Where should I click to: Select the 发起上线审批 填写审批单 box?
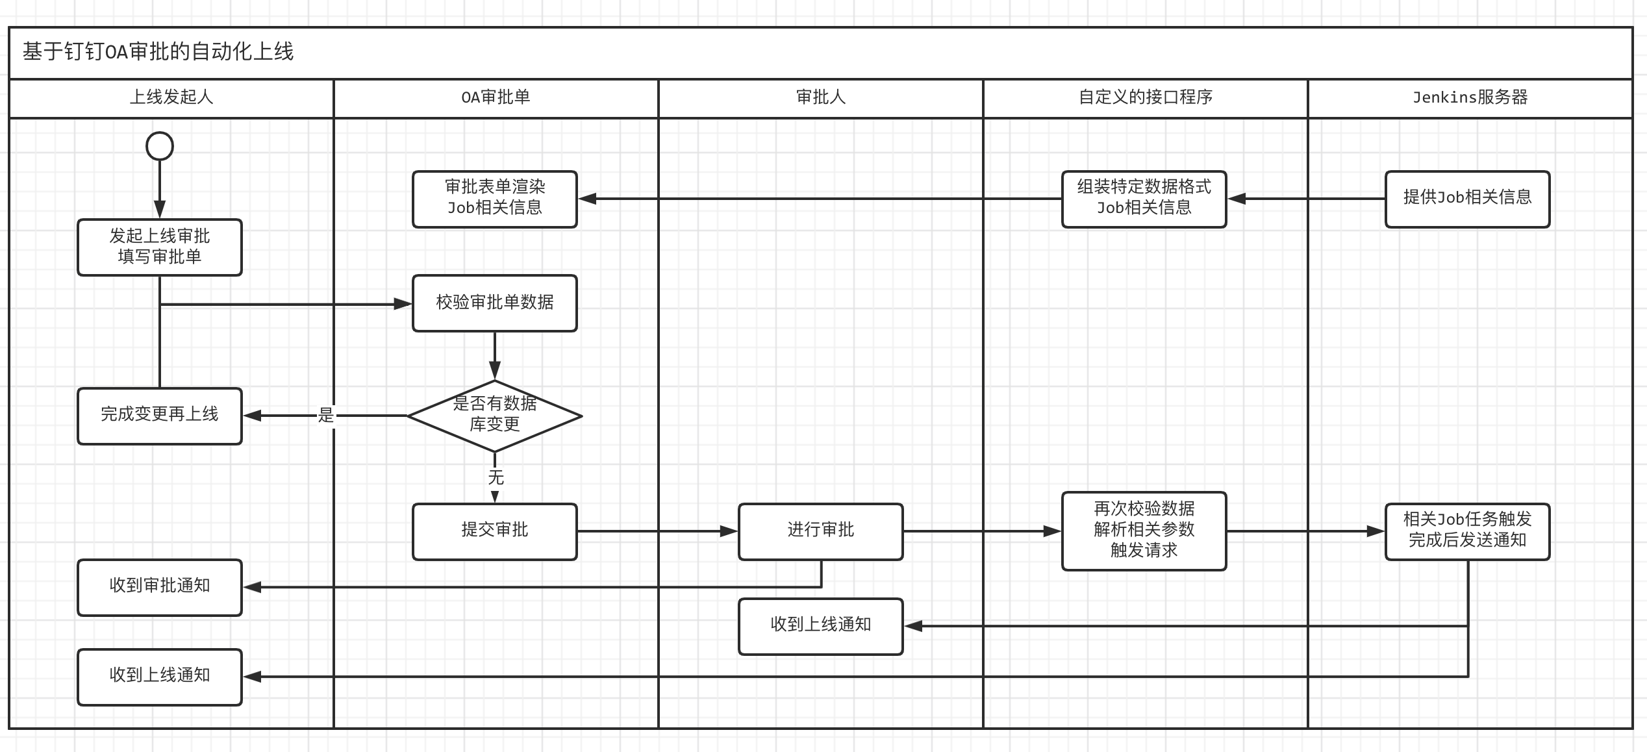point(160,247)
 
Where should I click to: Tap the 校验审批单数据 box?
point(495,303)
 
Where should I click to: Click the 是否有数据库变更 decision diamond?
point(495,416)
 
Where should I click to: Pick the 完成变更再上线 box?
point(160,416)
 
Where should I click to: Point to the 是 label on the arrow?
point(326,415)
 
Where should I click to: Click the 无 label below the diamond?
point(496,478)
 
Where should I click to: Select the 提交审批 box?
point(495,532)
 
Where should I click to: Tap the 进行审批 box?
point(821,532)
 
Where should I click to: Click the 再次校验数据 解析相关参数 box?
point(1144,531)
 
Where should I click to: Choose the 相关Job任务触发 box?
point(1468,532)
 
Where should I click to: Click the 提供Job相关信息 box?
point(1468,199)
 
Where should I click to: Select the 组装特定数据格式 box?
point(1144,199)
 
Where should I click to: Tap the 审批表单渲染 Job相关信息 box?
point(495,199)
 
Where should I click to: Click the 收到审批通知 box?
point(160,588)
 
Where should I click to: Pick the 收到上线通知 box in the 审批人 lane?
point(821,627)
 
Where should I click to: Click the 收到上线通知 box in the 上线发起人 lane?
point(160,677)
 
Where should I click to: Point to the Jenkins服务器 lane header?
point(1470,98)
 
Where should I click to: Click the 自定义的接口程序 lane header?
point(1146,98)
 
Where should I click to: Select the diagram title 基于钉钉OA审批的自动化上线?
point(158,51)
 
